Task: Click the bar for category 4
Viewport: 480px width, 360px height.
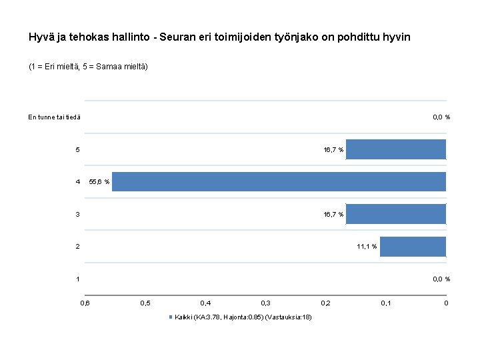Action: click(x=279, y=181)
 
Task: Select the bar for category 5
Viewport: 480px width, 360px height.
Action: click(x=396, y=149)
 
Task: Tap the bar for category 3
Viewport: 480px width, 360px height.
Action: click(x=396, y=214)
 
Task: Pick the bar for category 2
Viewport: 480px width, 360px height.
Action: click(x=413, y=247)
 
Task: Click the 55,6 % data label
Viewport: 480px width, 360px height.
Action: click(x=99, y=182)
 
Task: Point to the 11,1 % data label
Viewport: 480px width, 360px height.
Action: click(x=367, y=247)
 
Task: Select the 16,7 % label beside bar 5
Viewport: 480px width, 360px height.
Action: click(x=333, y=150)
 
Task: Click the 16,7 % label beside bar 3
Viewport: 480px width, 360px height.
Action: click(x=333, y=215)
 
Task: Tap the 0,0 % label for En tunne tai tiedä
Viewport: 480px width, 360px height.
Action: click(x=441, y=117)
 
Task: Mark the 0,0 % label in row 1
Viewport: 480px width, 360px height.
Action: click(x=441, y=279)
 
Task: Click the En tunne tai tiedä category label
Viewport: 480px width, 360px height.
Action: click(x=54, y=117)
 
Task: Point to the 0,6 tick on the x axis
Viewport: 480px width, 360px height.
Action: click(x=85, y=303)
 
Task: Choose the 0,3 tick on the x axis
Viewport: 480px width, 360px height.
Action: click(x=265, y=303)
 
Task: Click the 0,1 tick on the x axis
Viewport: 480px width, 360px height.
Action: click(x=386, y=303)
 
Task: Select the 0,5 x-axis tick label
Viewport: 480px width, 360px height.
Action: click(x=145, y=303)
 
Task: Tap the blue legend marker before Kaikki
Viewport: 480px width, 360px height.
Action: click(x=171, y=317)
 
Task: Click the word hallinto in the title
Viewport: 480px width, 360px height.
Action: click(x=129, y=37)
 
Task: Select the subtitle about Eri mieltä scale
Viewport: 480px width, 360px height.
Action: click(x=88, y=67)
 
